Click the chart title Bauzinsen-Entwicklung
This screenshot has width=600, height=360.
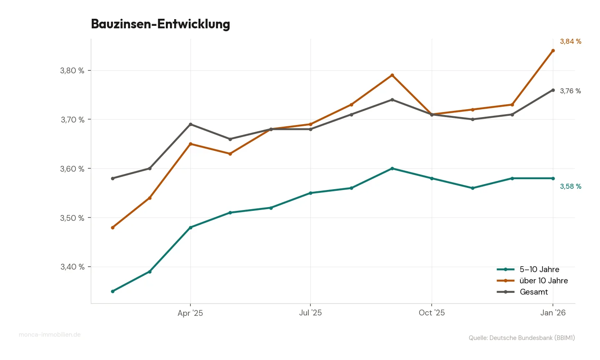160,24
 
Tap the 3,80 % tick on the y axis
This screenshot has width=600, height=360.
72,70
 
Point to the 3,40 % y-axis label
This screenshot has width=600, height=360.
72,267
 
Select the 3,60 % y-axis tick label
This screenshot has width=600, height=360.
72,169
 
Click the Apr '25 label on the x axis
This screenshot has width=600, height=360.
190,313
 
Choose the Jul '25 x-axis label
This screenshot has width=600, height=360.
310,312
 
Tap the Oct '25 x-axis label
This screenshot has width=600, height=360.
432,312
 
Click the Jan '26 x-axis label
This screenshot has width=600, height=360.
553,312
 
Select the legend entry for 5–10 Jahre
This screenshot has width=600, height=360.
539,269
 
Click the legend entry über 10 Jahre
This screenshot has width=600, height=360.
543,280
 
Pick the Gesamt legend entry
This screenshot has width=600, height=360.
534,292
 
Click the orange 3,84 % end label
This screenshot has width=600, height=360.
570,41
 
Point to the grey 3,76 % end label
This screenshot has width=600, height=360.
570,91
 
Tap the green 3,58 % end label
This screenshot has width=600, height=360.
570,186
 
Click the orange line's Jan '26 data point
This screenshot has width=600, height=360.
553,50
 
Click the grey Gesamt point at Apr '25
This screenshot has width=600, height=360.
190,124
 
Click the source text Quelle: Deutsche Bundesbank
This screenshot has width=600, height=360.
522,337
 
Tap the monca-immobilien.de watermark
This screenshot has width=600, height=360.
50,335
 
